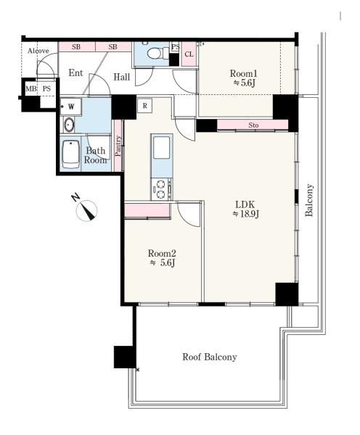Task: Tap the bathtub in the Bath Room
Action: click(x=71, y=154)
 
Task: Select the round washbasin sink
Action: click(x=69, y=125)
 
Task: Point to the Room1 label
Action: click(x=244, y=73)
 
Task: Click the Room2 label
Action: click(x=162, y=253)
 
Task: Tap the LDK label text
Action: click(x=245, y=204)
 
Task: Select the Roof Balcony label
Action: click(x=210, y=357)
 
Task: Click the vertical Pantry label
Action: click(x=118, y=146)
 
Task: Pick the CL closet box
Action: click(x=189, y=54)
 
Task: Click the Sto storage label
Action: click(x=253, y=125)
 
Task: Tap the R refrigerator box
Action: click(x=144, y=106)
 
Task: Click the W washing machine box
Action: click(x=71, y=107)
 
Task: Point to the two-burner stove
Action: click(x=161, y=189)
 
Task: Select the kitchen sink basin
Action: click(x=161, y=148)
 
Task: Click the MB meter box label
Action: click(x=30, y=88)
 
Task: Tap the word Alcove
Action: click(x=38, y=51)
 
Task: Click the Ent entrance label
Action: click(x=75, y=72)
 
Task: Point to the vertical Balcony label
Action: click(x=309, y=200)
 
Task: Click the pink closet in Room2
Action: click(x=147, y=211)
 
